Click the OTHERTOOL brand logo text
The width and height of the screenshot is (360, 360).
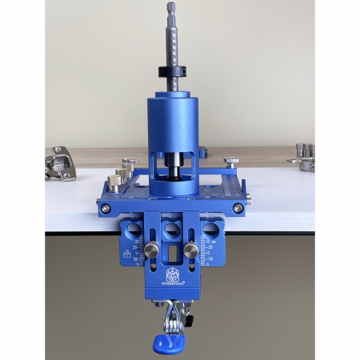pos(173,282)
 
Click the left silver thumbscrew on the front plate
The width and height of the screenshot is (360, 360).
pos(150,251)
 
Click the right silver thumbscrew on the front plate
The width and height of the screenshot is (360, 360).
pos(190,251)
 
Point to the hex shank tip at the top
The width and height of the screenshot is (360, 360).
pos(171,8)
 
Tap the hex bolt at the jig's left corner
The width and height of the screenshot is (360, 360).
pos(106,209)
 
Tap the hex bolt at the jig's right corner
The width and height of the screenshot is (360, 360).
pos(238,208)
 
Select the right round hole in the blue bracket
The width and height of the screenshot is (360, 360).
pos(210,231)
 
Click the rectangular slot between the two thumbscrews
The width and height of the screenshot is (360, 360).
pos(171,255)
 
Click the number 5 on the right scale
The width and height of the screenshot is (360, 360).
pos(210,248)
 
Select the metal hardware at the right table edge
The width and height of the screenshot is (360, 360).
pos(302,158)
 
